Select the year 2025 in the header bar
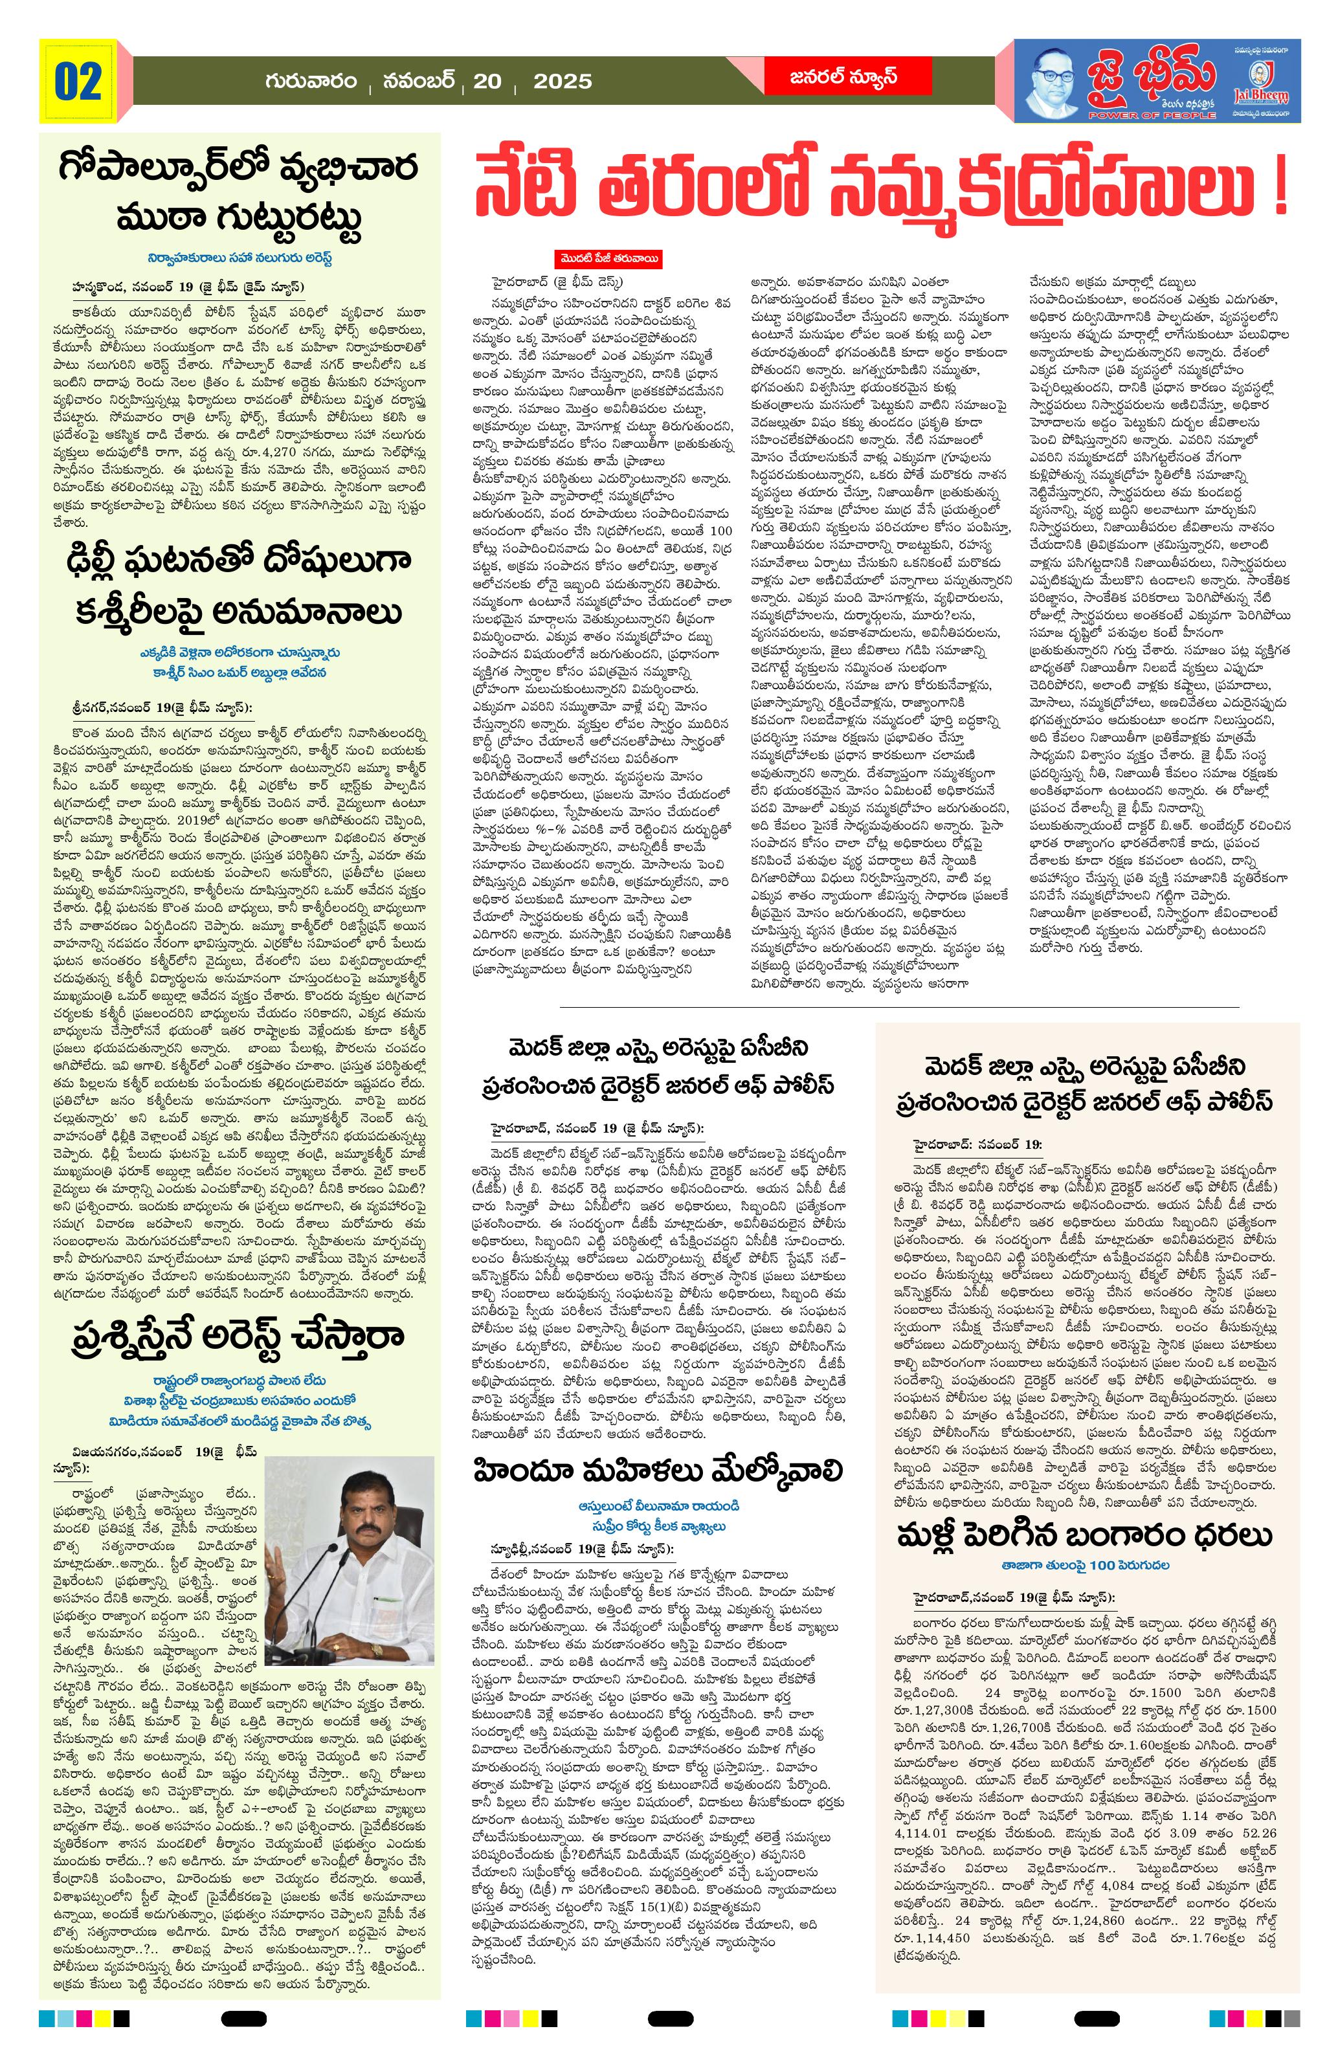tap(562, 82)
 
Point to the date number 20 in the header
tap(487, 82)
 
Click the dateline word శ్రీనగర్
tap(102, 707)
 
